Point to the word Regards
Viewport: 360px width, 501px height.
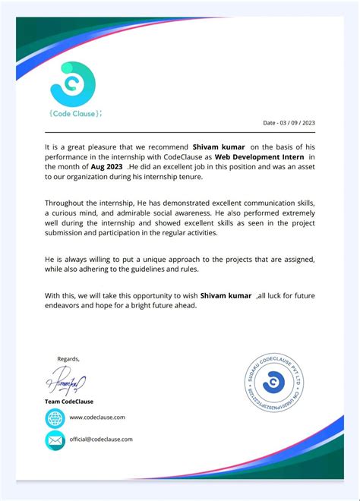coord(68,358)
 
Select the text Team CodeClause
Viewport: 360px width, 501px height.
coord(69,401)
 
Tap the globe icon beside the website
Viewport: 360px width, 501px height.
coord(55,417)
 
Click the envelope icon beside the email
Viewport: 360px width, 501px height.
coord(55,440)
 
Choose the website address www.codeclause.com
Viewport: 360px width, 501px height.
coord(97,417)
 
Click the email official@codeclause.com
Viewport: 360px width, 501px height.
coord(101,440)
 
